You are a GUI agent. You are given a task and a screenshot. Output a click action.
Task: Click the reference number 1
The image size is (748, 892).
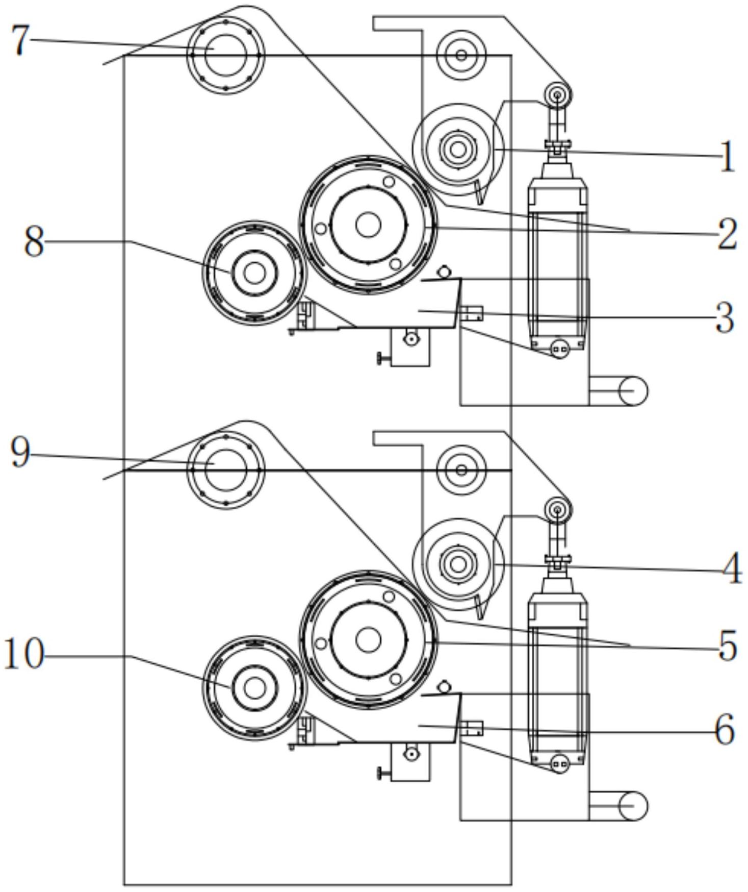tap(728, 157)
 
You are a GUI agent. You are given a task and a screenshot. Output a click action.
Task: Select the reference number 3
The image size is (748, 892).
tap(725, 318)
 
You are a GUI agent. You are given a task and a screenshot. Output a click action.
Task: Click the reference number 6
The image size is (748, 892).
tap(725, 730)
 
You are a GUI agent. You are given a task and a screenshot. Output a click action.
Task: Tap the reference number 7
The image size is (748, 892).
tap(20, 40)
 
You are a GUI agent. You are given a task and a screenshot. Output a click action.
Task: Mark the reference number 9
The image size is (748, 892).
tap(20, 453)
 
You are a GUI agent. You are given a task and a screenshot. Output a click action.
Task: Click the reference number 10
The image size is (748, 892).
tap(24, 654)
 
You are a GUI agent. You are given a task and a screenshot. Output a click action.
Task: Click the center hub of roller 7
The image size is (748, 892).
tap(225, 55)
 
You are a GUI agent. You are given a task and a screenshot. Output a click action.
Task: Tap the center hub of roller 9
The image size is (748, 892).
tap(225, 469)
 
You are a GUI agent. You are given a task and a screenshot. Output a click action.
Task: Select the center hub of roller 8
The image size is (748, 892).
tap(254, 273)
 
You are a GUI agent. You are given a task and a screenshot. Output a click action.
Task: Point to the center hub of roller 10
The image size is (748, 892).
tap(254, 688)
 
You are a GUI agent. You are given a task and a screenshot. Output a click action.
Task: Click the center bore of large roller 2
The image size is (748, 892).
tap(368, 225)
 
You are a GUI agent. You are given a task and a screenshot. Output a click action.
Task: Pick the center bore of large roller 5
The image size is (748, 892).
tap(368, 640)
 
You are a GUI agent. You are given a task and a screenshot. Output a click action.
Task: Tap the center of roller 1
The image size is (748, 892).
tap(458, 150)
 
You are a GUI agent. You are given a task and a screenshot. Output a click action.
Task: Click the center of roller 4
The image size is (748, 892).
tap(458, 564)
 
